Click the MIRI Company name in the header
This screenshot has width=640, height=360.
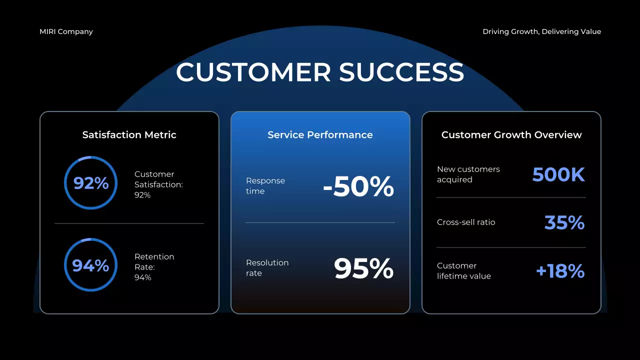(x=66, y=31)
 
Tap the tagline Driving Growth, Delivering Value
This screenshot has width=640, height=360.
(x=541, y=31)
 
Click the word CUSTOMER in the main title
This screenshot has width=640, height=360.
(x=253, y=72)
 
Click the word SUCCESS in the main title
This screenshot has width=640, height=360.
(x=401, y=72)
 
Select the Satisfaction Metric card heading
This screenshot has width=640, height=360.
(x=129, y=134)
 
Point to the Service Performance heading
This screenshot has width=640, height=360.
(x=320, y=134)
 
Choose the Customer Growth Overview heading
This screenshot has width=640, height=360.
(x=511, y=134)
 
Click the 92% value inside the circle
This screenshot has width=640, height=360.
(x=91, y=183)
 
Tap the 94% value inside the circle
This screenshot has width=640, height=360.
(x=90, y=265)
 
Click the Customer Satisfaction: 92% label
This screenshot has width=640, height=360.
(x=158, y=184)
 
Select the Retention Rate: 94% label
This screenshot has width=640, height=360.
(x=154, y=267)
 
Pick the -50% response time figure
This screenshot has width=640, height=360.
(x=358, y=186)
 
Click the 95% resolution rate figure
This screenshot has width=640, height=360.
(x=363, y=268)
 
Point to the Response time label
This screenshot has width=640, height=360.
(x=265, y=185)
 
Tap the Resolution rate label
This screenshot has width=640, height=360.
(x=267, y=267)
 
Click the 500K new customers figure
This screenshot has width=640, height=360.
(x=558, y=174)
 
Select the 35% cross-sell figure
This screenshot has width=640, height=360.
(x=564, y=222)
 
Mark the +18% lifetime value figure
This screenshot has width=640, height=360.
(x=560, y=271)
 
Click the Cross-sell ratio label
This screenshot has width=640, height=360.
(x=466, y=222)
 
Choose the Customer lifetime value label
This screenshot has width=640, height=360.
(x=464, y=271)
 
